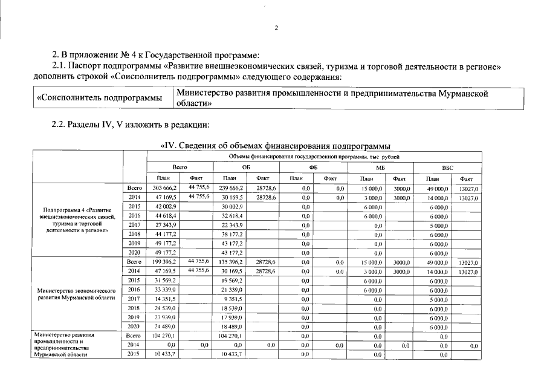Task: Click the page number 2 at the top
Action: coord(276,27)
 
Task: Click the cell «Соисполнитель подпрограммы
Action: coord(100,98)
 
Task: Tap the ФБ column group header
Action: coord(313,167)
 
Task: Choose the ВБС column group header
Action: coord(447,167)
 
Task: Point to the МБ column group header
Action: coord(380,167)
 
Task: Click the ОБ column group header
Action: coord(246,167)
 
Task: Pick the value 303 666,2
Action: coord(165,189)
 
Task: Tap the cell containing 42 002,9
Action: coord(165,206)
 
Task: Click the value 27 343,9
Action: coord(165,224)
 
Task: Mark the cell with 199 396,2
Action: coord(165,262)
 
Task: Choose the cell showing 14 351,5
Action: coord(165,299)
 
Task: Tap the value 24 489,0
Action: coord(165,327)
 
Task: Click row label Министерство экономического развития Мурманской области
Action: coord(77,294)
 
